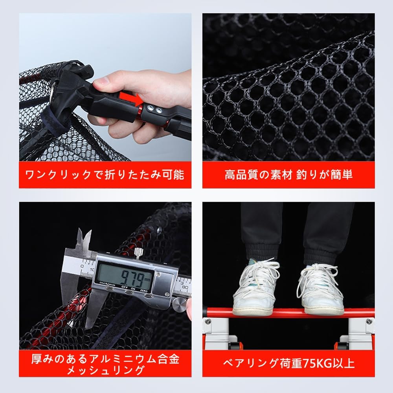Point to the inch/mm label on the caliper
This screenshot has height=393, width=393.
[x=107, y=283]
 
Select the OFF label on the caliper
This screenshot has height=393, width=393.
[x=124, y=287]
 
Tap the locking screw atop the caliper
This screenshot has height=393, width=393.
[x=138, y=253]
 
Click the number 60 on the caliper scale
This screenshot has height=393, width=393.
[x=185, y=287]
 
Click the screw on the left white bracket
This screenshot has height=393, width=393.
[x=207, y=321]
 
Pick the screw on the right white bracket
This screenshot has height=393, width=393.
[x=369, y=321]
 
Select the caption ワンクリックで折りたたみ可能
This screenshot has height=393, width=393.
[x=105, y=175]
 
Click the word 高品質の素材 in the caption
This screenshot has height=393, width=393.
[x=258, y=175]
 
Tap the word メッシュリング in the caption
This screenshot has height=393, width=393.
[x=105, y=370]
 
